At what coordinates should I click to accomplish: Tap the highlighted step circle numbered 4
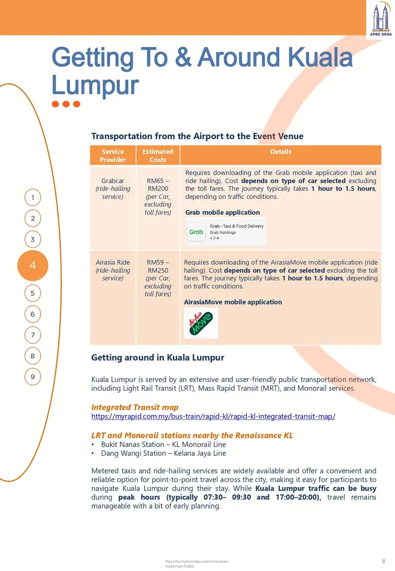coord(33,265)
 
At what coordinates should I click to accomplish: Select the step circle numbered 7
coord(33,335)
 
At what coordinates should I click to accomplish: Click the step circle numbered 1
coord(33,198)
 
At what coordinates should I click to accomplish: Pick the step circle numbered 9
coord(33,377)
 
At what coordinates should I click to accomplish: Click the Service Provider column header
coord(113,155)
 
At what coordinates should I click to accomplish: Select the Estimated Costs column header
coord(157,155)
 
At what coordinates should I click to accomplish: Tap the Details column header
coord(280,152)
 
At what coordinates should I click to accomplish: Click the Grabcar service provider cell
coord(113,189)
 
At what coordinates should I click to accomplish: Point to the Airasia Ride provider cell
coord(113,270)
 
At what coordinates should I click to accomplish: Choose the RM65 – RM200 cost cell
coord(158,196)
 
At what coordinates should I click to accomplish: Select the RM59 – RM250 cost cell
coord(158,278)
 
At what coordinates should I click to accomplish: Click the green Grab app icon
coord(196,232)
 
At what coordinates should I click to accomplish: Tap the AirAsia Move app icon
coord(201,323)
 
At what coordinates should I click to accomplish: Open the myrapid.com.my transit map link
coord(213,417)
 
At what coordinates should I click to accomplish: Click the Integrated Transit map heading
coord(135,407)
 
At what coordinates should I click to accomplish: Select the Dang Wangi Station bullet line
coord(158,453)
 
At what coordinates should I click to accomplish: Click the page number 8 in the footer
coord(383,561)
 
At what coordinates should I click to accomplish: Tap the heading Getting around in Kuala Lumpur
coord(157,358)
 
